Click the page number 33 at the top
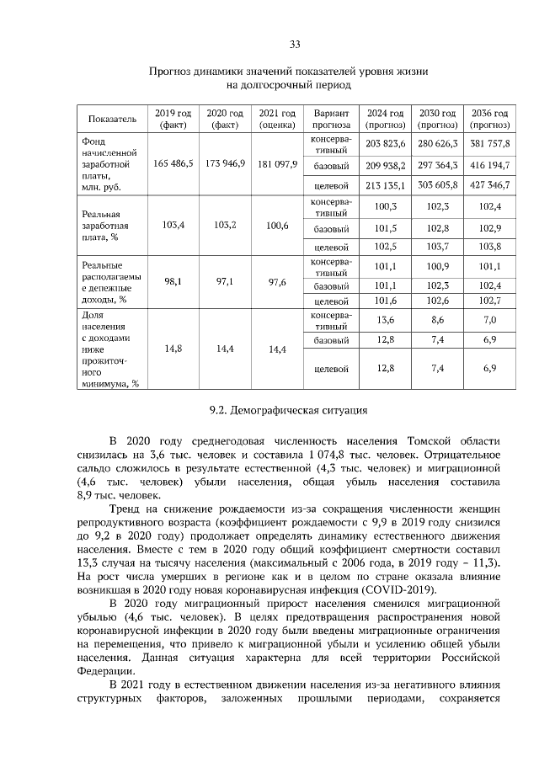[295, 44]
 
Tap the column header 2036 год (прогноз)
[490, 119]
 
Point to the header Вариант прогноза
[331, 119]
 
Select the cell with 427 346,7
[490, 184]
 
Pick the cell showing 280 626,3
[437, 143]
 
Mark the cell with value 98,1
[173, 282]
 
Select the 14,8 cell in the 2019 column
[173, 349]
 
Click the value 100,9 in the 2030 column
[437, 267]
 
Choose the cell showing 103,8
[490, 247]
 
